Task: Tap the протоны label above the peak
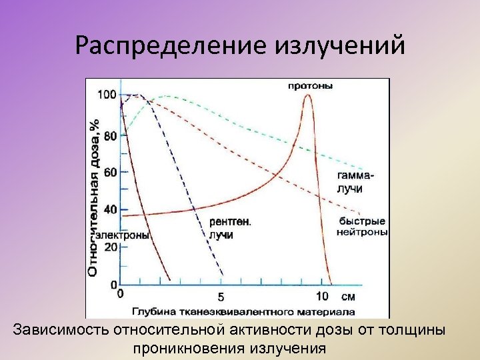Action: tap(311, 85)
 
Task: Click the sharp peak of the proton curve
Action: tap(307, 95)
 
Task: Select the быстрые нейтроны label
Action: tap(361, 227)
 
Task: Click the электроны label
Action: tap(122, 235)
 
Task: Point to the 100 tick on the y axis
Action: tap(107, 95)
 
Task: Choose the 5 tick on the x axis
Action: tap(221, 297)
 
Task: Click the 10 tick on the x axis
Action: tap(321, 296)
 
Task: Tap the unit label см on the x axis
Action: tap(348, 296)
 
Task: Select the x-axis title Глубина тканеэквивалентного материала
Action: tap(243, 311)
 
